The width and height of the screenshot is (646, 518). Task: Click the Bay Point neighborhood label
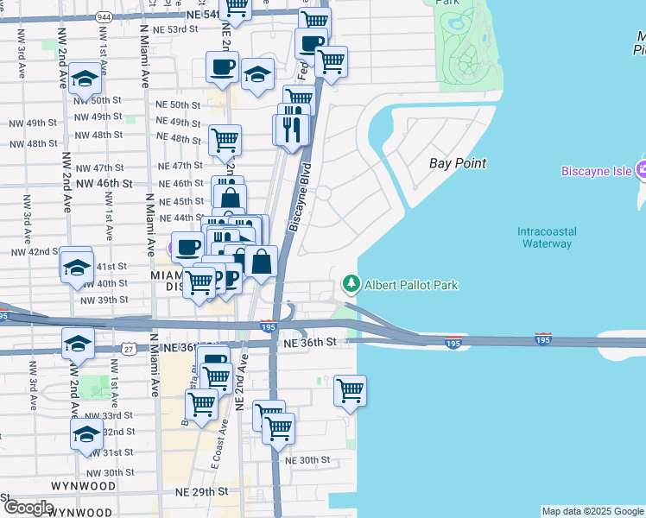point(458,163)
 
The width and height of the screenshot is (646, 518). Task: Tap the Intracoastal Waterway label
point(546,237)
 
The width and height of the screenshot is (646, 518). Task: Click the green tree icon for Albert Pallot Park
point(351,283)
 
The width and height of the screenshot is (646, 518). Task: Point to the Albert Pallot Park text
point(410,284)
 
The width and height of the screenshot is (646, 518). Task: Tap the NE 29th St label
point(205,490)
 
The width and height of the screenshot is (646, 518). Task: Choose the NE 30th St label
point(308,460)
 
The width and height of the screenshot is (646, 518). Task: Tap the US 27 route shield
point(128,348)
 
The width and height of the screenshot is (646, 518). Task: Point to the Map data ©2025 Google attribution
point(592,511)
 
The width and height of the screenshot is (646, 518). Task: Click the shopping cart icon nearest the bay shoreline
point(350,390)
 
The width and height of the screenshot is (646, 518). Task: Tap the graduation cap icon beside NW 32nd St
point(87,433)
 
